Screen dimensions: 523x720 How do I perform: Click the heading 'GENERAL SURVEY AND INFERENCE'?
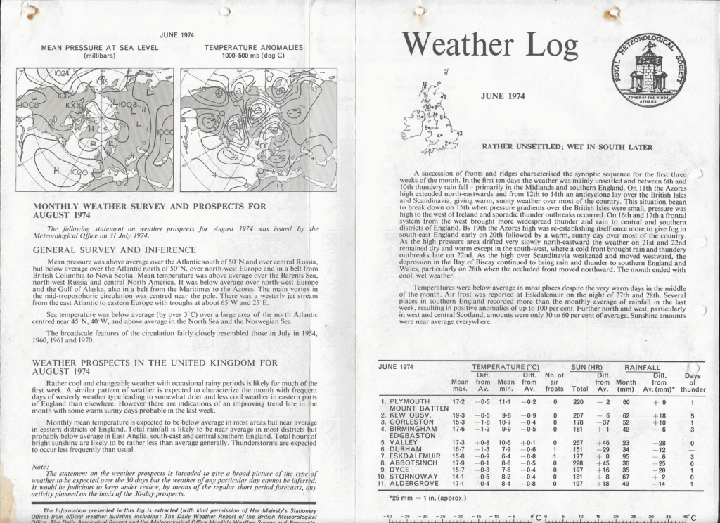pos(114,250)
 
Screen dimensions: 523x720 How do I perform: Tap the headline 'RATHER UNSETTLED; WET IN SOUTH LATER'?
pos(567,147)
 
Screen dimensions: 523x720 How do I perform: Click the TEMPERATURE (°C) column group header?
pos(506,367)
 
